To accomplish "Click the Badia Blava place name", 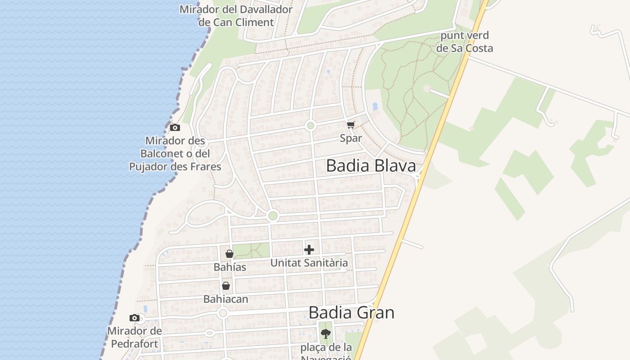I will click(371, 166).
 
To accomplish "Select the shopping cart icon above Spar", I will click(351, 125).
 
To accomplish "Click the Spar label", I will click(351, 138).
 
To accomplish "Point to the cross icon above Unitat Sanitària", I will click(309, 250).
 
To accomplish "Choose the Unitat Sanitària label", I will click(309, 263).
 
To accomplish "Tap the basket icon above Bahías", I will click(229, 254).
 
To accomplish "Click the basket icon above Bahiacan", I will click(226, 286).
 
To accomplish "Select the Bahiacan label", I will click(226, 299).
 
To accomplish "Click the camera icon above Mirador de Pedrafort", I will click(134, 318).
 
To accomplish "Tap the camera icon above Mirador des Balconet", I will click(175, 127).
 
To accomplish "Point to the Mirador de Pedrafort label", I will click(134, 337).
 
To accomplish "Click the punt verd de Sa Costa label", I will click(465, 42).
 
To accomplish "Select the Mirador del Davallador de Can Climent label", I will click(236, 16).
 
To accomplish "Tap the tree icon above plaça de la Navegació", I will click(325, 334).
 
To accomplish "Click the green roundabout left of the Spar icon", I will click(310, 126).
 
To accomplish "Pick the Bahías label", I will click(230, 267).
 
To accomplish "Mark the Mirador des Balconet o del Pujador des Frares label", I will click(175, 154).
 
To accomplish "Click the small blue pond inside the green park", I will click(375, 107).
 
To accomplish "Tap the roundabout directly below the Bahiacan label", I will click(223, 313).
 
